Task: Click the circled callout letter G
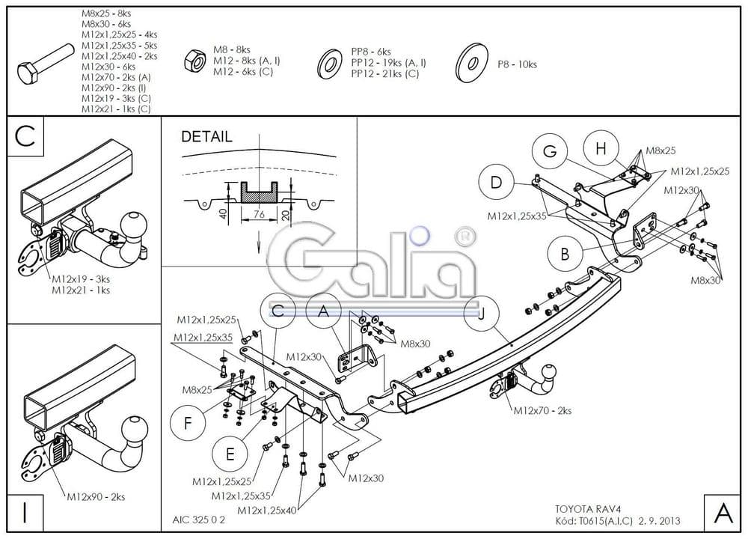pyautogui.click(x=551, y=151)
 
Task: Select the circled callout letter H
pyautogui.click(x=600, y=148)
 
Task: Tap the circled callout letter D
pyautogui.click(x=497, y=182)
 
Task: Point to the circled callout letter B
pyautogui.click(x=565, y=253)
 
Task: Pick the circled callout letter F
pyautogui.click(x=187, y=423)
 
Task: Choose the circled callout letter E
pyautogui.click(x=230, y=454)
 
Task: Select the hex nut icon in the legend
pyautogui.click(x=194, y=61)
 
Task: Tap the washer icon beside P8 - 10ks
pyautogui.click(x=470, y=64)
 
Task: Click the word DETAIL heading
pyautogui.click(x=207, y=137)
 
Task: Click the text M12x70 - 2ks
pyautogui.click(x=542, y=411)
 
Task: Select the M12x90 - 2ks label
pyautogui.click(x=96, y=496)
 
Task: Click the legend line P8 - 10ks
pyautogui.click(x=517, y=64)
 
